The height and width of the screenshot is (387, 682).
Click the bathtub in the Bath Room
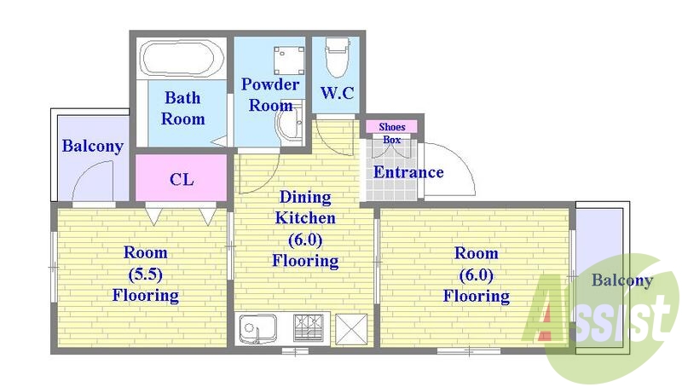[x=182, y=59]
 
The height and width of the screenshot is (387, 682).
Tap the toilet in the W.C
[x=337, y=57]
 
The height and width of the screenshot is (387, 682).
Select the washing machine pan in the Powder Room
[x=289, y=60]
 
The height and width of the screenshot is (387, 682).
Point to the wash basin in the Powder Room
[x=290, y=123]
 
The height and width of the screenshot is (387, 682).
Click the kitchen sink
[x=257, y=328]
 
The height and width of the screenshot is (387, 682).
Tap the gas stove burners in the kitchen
[x=309, y=327]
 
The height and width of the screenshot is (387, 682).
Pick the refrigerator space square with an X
[x=351, y=329]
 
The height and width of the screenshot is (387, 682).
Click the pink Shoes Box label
[x=391, y=127]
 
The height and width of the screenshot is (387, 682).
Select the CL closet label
[x=182, y=179]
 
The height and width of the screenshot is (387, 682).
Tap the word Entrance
[x=408, y=172]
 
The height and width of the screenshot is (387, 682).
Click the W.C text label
[x=337, y=93]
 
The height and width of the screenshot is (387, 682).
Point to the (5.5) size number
[x=145, y=274]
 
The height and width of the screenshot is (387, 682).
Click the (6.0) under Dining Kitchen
[x=305, y=240]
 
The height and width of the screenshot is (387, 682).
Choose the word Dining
[x=305, y=197]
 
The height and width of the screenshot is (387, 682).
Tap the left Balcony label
[x=93, y=146]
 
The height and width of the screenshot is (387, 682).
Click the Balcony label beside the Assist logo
[x=622, y=280]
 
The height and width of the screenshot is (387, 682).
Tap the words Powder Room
[x=270, y=95]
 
